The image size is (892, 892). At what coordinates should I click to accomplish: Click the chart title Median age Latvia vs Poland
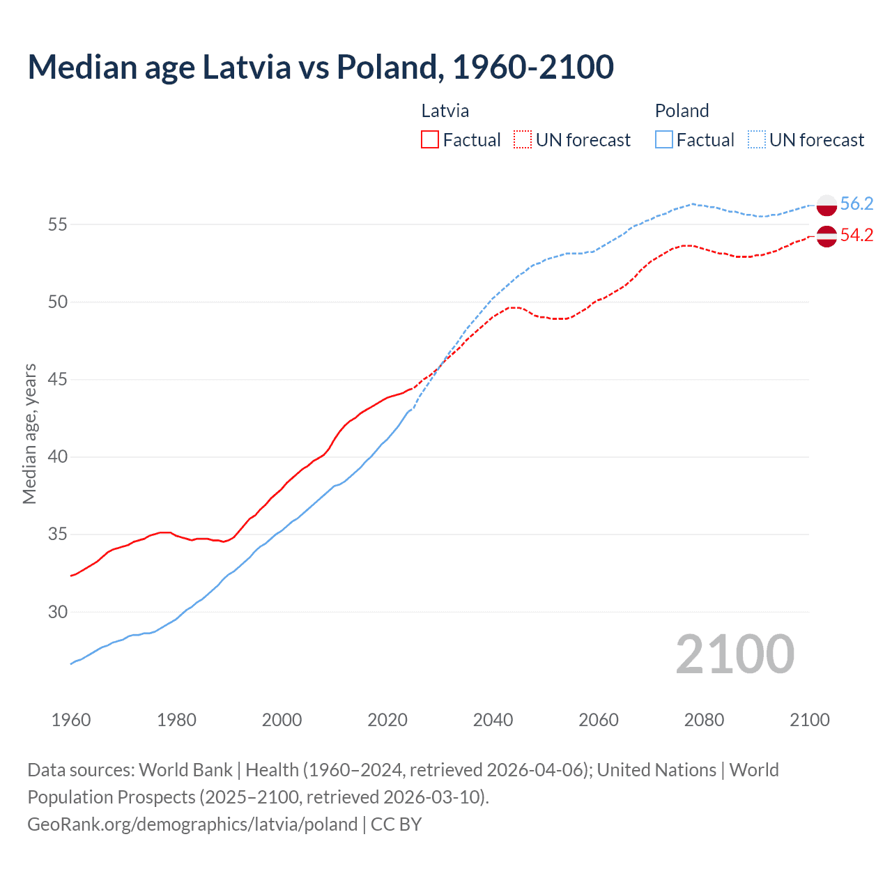click(321, 67)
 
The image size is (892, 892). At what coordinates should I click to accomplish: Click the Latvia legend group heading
click(445, 111)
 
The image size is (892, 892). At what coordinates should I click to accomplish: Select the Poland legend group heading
click(682, 111)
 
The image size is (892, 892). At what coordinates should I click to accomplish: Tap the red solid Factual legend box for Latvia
click(430, 140)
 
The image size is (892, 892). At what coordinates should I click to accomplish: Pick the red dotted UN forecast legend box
click(523, 140)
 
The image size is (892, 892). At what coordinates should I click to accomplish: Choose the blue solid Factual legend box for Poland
click(663, 140)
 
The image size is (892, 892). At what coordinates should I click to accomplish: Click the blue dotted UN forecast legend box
click(756, 140)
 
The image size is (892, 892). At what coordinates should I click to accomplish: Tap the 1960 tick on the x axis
click(71, 720)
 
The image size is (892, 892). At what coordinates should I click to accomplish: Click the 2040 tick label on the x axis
click(493, 720)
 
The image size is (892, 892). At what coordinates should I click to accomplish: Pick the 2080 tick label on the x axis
click(704, 720)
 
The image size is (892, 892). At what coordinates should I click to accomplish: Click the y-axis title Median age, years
click(29, 433)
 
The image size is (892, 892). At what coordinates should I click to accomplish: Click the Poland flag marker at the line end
click(826, 205)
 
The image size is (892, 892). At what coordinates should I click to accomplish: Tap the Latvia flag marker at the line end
click(826, 236)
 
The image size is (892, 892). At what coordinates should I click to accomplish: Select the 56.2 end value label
click(856, 203)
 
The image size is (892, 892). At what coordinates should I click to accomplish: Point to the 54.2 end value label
click(856, 236)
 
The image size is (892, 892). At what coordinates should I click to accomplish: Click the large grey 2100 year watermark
click(735, 654)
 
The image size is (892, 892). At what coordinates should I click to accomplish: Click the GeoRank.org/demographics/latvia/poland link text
click(192, 824)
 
